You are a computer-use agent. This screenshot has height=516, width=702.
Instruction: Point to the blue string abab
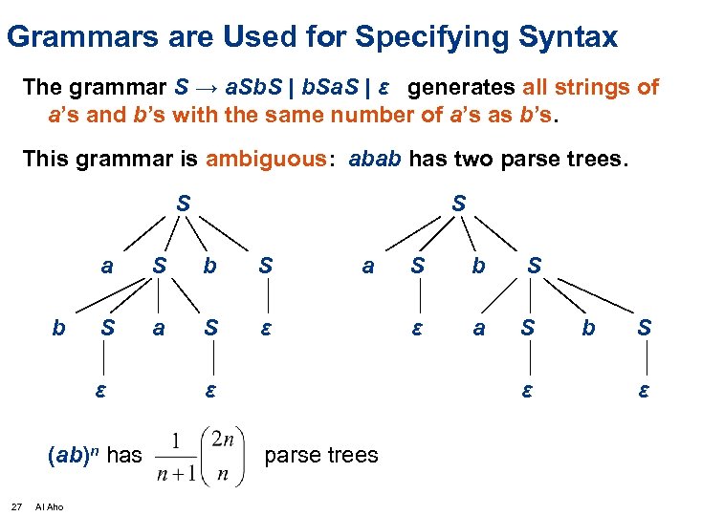pyautogui.click(x=376, y=159)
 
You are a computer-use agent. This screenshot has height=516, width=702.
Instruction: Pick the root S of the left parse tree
pyautogui.click(x=182, y=204)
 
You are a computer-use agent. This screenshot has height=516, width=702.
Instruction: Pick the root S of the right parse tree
pyautogui.click(x=459, y=204)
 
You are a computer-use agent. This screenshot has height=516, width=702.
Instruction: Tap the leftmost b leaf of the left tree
pyautogui.click(x=59, y=329)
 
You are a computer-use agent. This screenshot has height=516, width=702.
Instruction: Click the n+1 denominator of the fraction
pyautogui.click(x=178, y=474)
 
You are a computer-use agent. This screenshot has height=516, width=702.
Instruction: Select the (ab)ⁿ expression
pyautogui.click(x=72, y=456)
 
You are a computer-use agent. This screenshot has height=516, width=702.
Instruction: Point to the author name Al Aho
pyautogui.click(x=49, y=506)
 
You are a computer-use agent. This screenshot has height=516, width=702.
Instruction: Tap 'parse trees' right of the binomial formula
pyautogui.click(x=320, y=456)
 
